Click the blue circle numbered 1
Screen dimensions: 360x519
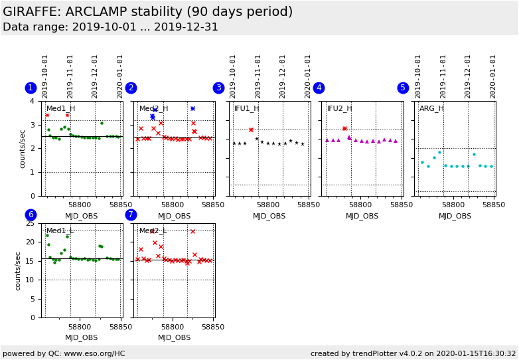click(31, 88)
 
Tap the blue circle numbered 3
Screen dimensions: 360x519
click(218, 88)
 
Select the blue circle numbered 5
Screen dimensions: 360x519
click(403, 88)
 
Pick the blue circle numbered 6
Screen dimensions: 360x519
click(31, 215)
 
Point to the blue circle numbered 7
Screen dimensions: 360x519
click(131, 215)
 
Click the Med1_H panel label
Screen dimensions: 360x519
click(60, 109)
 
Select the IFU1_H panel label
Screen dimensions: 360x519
click(247, 109)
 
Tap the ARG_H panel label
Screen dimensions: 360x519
click(431, 109)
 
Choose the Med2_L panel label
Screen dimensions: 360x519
click(153, 231)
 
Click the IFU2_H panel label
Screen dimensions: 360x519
click(340, 109)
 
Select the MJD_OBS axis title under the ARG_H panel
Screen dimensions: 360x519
click(455, 216)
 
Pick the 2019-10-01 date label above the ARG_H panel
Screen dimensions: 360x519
click(418, 76)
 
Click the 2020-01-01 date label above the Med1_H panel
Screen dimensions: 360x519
click(120, 76)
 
